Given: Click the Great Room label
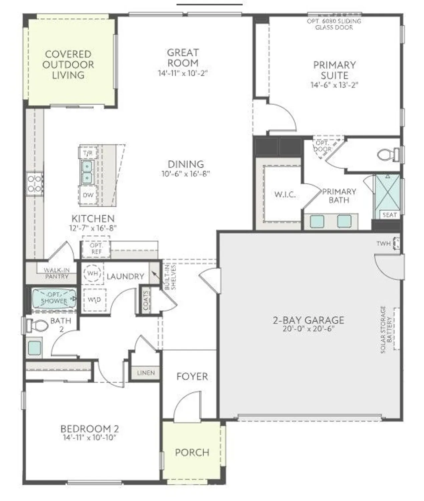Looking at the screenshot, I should (182, 58).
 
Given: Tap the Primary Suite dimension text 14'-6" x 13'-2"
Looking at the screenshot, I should (334, 85).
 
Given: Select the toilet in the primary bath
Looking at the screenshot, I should (387, 154).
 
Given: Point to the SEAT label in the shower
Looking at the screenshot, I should (389, 215).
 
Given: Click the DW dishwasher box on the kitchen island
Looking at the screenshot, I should (88, 195).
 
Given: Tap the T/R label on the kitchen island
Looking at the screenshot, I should (88, 154).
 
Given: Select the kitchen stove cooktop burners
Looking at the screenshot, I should (34, 184).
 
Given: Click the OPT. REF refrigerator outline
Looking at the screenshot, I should (96, 248).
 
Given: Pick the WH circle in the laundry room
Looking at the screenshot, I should (92, 273).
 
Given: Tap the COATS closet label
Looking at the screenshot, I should (146, 300).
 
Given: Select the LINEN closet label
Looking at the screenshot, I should (146, 372).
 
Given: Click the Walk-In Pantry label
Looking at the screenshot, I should (57, 273).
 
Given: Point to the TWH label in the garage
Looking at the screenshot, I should (383, 243).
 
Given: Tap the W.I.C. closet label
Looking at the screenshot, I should (285, 194).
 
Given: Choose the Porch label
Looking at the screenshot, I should (192, 453).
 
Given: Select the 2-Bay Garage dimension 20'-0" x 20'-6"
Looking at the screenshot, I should (308, 329).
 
